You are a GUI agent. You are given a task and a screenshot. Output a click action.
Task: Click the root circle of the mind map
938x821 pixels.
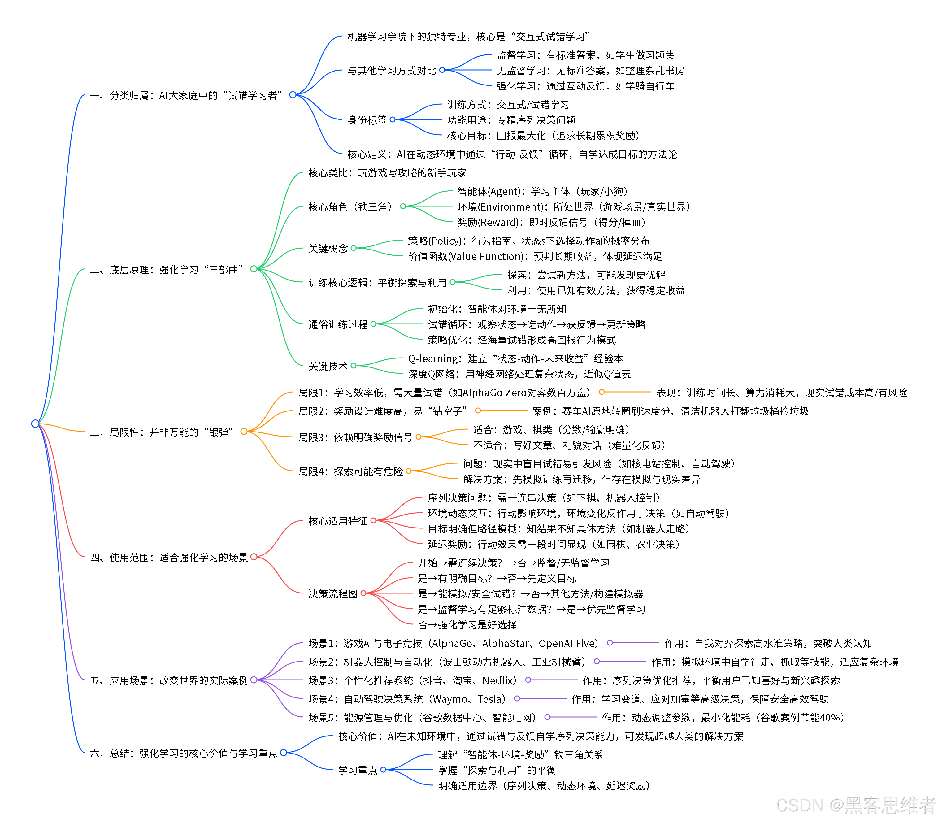35,423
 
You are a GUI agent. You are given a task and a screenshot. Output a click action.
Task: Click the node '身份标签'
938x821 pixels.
367,120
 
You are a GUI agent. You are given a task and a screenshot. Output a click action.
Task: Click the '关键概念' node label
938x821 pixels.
328,248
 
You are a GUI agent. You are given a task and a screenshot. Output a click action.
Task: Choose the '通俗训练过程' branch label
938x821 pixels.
338,324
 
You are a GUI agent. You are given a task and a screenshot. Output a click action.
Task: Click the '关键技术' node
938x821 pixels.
328,366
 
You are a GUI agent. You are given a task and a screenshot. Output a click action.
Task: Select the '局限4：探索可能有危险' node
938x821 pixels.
350,471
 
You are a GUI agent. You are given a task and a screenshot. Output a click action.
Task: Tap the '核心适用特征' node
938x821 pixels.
338,521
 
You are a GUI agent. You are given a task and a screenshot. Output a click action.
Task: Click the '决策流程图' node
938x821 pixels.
333,594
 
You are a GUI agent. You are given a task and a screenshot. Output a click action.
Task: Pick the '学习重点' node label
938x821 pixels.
358,770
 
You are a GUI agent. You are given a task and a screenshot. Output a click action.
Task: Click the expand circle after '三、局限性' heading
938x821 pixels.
244,432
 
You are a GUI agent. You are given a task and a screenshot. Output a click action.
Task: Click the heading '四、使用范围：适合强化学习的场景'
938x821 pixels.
169,558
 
